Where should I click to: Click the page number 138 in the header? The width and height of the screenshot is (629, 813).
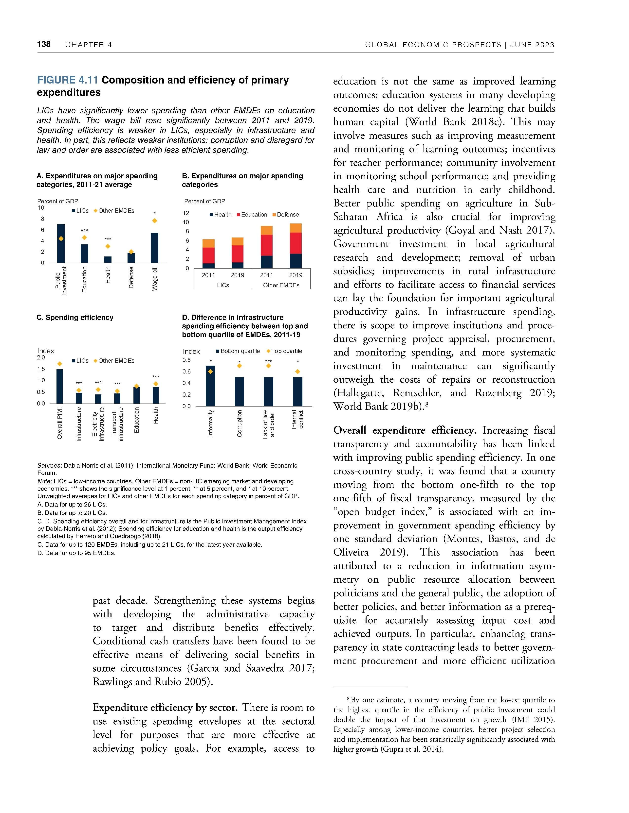[44, 44]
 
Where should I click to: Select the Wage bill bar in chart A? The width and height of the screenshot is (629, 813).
[154, 248]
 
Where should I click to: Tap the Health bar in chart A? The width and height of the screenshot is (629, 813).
[108, 259]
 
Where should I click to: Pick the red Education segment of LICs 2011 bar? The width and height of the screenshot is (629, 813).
[208, 255]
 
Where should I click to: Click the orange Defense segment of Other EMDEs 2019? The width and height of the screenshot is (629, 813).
[296, 228]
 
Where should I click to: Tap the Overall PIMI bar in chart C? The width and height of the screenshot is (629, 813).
[60, 386]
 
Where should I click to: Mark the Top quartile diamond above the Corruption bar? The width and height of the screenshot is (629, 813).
[240, 366]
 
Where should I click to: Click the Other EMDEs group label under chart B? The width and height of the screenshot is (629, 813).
[281, 285]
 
